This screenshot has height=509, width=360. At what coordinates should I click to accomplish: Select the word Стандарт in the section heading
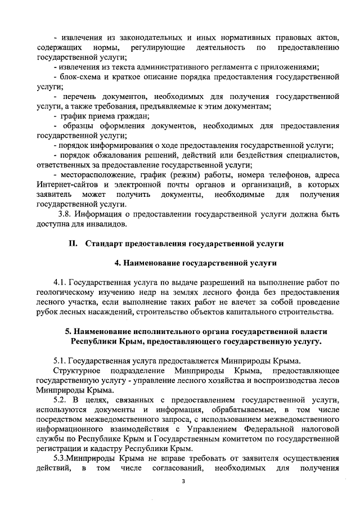(106, 243)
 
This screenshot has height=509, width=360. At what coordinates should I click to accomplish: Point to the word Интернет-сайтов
(67, 184)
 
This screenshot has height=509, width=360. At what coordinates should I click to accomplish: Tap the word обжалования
(120, 155)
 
